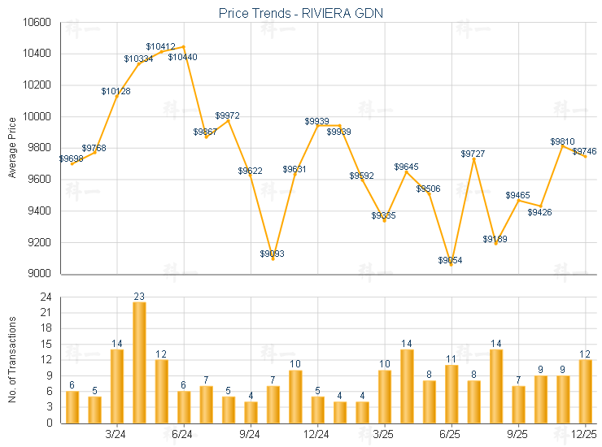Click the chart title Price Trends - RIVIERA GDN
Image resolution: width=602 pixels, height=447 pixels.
(x=301, y=13)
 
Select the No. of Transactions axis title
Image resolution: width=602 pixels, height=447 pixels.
(x=11, y=360)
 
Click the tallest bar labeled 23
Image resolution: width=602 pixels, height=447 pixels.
(x=139, y=362)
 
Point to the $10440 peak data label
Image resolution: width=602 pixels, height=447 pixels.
(x=182, y=57)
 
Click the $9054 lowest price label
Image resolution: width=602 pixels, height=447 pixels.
(x=450, y=260)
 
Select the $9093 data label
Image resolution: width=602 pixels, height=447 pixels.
(x=273, y=254)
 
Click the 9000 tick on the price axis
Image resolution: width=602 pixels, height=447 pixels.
(x=38, y=274)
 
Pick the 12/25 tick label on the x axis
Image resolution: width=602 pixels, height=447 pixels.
(x=585, y=435)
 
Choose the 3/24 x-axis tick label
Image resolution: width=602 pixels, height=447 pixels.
(x=116, y=435)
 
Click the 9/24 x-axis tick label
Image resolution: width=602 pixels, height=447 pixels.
(x=251, y=435)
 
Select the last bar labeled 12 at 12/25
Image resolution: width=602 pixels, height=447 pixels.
(x=585, y=391)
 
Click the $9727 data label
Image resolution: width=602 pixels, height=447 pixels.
(x=473, y=154)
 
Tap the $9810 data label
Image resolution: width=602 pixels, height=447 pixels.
(x=562, y=141)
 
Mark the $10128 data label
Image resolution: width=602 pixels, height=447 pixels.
(x=116, y=91)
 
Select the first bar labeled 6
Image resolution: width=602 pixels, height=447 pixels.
(x=72, y=406)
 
